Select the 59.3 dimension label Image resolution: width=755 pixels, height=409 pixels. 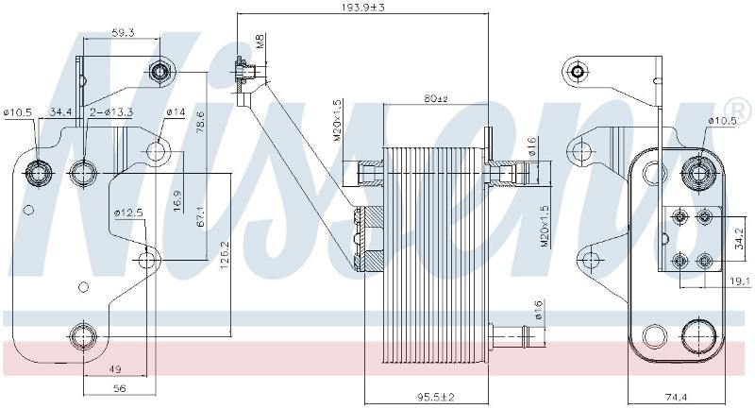[123, 33]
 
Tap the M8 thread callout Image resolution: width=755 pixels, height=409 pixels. [260, 41]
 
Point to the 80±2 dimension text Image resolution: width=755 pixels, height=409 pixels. [436, 98]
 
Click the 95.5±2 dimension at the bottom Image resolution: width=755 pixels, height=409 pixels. [435, 397]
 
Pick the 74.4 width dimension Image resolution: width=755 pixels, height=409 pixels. [676, 398]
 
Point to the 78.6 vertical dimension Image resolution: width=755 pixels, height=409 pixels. [200, 122]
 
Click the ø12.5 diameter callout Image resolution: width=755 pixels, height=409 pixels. [129, 212]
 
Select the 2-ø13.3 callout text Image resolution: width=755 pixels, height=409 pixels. [111, 112]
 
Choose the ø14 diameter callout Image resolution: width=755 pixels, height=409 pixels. [176, 112]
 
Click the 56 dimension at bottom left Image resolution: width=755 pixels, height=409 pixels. [119, 388]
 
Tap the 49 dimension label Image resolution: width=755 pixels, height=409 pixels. [115, 370]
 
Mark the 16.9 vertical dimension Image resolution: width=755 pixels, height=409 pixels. [176, 200]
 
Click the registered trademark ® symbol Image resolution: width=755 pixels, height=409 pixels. [741, 109]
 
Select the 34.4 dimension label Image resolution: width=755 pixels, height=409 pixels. [61, 112]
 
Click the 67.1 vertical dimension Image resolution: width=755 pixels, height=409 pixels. [200, 217]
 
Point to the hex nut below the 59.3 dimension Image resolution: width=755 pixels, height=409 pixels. [159, 73]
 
